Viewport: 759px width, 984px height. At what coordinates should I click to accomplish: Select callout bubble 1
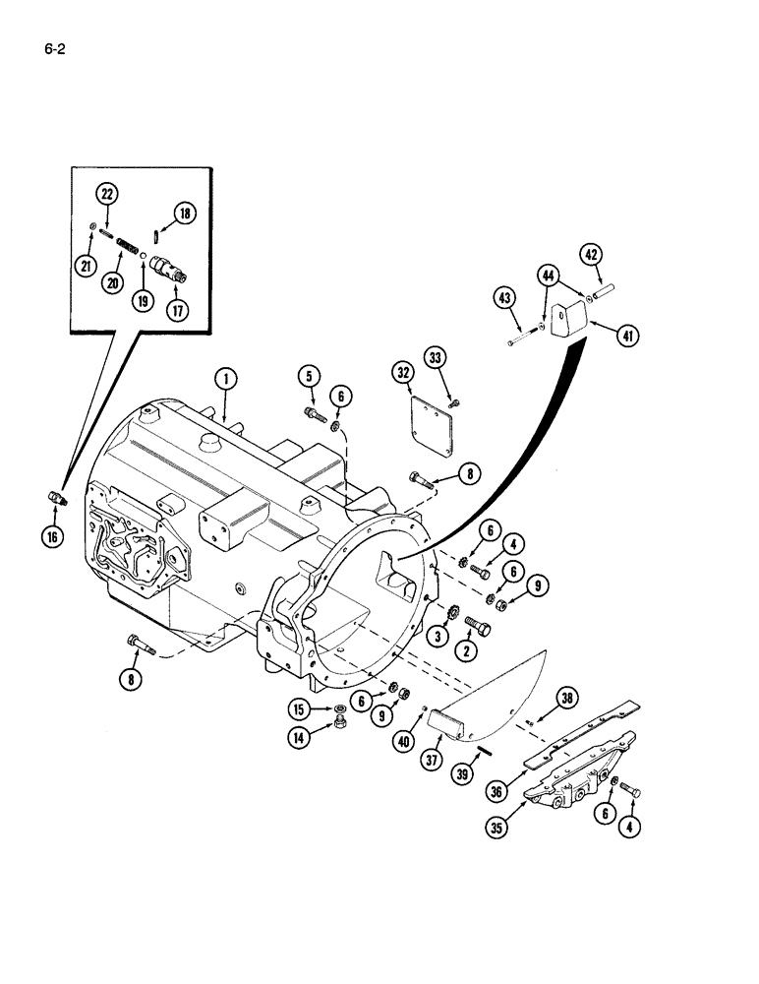[225, 380]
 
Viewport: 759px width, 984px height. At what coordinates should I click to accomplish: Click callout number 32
[403, 373]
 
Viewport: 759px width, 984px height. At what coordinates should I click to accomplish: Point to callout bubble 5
[310, 376]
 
